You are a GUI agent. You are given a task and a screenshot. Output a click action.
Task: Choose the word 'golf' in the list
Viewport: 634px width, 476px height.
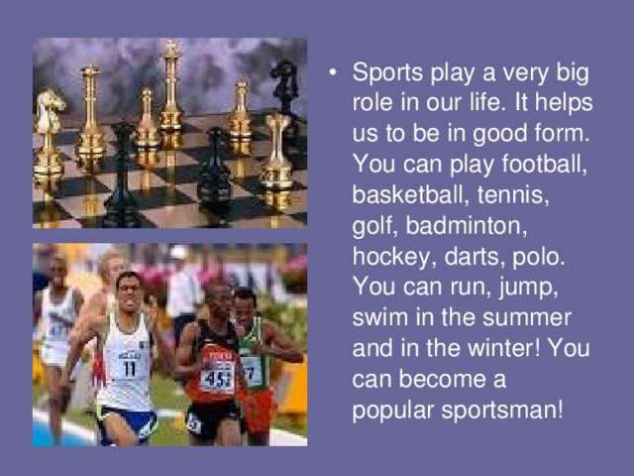coord(372,226)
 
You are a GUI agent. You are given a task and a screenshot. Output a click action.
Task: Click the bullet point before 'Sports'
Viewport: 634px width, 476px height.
coord(335,74)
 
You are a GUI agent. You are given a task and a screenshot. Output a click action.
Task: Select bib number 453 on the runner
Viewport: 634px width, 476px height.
coord(217,376)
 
